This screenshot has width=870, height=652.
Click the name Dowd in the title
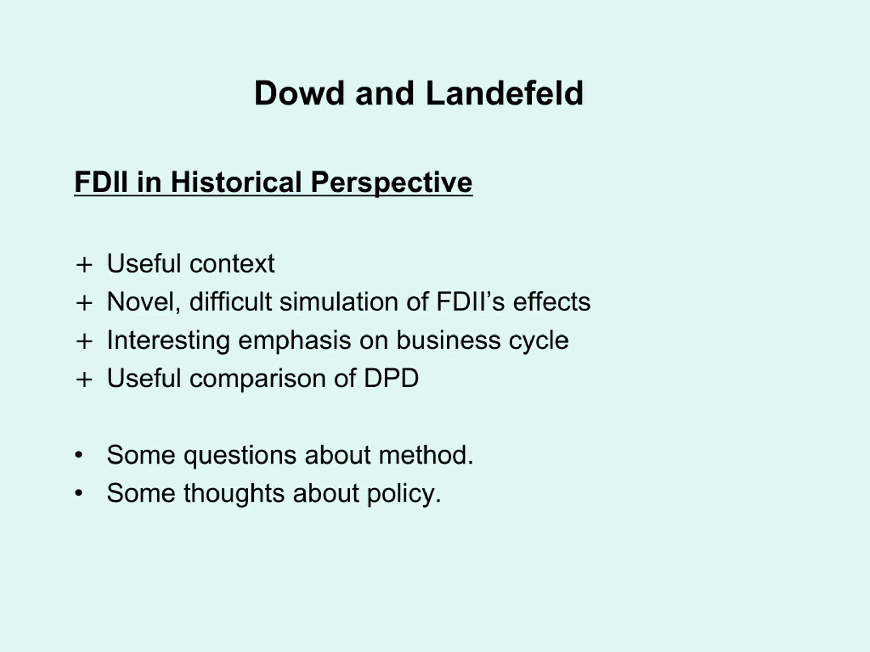tap(299, 93)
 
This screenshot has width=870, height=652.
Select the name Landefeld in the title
tap(505, 93)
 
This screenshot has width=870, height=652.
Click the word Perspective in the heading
tap(392, 183)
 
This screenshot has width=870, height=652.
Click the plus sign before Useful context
tap(84, 265)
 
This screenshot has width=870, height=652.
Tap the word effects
tap(552, 302)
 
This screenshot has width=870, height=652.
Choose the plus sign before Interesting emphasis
tap(84, 341)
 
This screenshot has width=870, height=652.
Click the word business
tap(448, 340)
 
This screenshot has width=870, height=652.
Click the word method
tap(426, 455)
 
